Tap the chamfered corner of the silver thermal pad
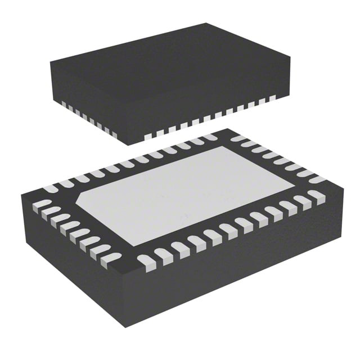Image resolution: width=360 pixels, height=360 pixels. click(84, 200)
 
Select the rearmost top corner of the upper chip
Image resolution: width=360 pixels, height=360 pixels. click(206, 23)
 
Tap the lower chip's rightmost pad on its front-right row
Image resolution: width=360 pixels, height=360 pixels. click(317, 196)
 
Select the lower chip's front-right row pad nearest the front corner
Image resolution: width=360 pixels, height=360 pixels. click(146, 260)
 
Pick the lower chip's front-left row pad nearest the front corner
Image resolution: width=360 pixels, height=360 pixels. click(111, 258)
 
